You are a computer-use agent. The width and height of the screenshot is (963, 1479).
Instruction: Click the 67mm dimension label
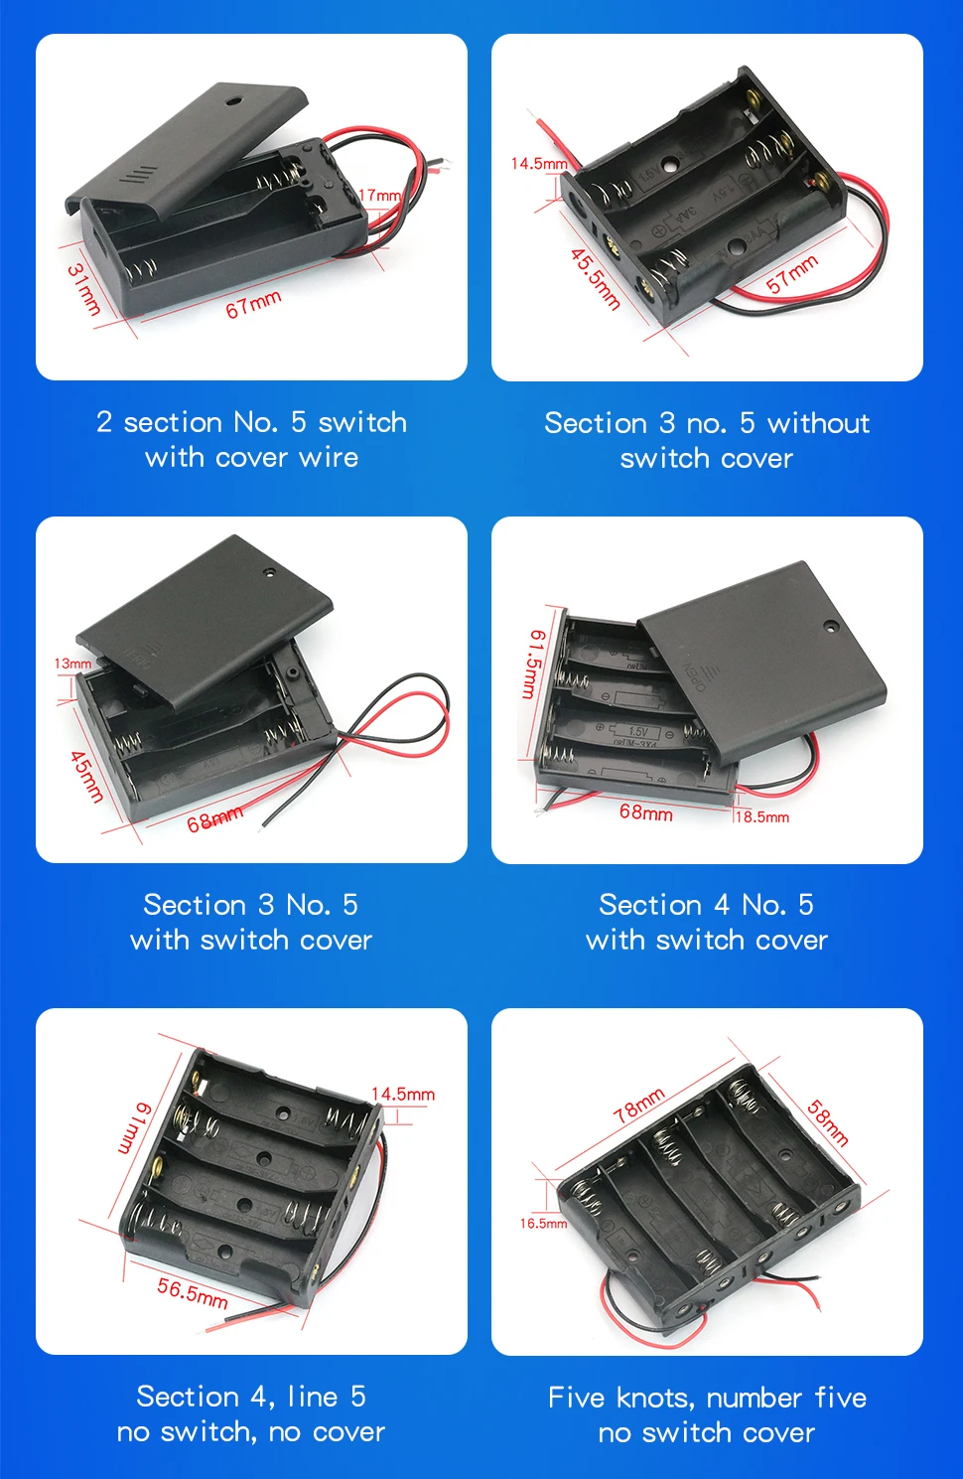click(253, 304)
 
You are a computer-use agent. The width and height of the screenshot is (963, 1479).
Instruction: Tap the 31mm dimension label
click(84, 289)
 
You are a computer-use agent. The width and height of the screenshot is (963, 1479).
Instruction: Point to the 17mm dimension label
click(379, 195)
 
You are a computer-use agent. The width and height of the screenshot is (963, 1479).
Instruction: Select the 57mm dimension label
click(792, 274)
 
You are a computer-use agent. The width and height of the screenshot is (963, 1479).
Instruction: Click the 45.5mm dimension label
click(596, 279)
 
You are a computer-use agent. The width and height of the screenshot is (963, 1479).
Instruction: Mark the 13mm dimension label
click(72, 663)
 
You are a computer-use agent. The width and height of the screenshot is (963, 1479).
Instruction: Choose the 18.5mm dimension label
click(762, 816)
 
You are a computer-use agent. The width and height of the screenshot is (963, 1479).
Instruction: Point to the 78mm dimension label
click(638, 1106)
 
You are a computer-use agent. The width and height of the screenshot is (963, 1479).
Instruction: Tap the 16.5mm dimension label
click(543, 1224)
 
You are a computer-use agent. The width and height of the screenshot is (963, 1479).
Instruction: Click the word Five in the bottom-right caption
click(576, 1398)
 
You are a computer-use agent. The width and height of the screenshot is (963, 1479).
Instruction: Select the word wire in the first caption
click(329, 458)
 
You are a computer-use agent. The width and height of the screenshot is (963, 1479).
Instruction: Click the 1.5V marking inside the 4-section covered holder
click(638, 732)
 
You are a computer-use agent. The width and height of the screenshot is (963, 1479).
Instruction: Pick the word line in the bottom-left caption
click(314, 1397)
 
